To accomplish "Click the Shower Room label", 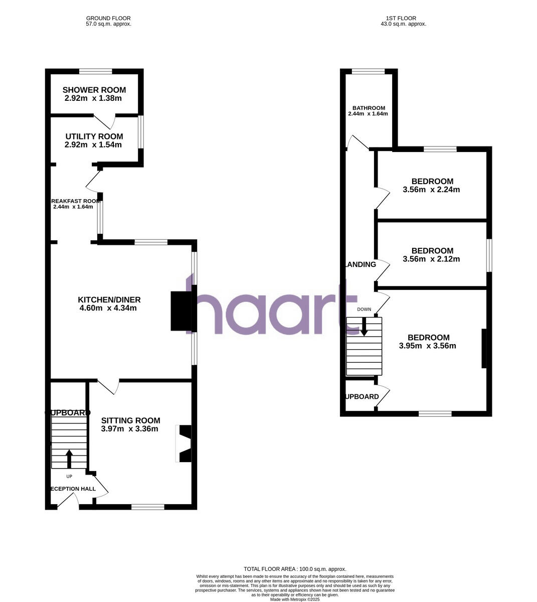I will coord(94,90).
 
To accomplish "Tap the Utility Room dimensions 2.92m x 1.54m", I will coord(93,145).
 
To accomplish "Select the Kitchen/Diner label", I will coord(109,300).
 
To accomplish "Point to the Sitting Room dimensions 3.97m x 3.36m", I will coord(129,429).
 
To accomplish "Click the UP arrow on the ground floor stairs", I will coord(69,458).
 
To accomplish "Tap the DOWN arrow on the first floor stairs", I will coord(364,329).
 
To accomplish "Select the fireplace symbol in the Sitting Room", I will coord(184,443).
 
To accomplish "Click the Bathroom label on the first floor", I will coord(369,108).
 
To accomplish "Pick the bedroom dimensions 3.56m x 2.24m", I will coord(431,190).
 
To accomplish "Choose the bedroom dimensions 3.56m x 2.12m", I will coord(431,259).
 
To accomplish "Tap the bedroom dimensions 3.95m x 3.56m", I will coord(428,346).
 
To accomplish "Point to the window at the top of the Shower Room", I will coord(95,71).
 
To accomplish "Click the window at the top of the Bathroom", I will coord(369,71).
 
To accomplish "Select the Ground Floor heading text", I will coord(108,18).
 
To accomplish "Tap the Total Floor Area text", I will coord(295,569).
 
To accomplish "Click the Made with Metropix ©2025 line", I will coord(295,599).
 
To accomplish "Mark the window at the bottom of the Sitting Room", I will coord(148,507).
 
